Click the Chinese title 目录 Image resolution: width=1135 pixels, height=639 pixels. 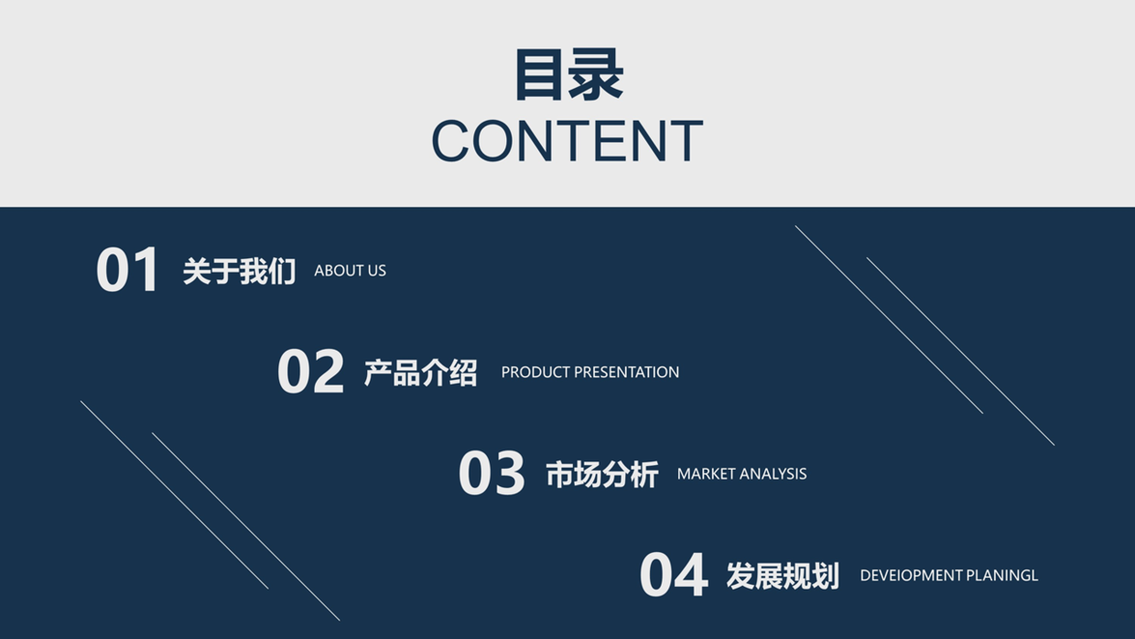(567, 75)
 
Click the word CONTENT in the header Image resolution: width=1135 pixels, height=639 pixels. (567, 141)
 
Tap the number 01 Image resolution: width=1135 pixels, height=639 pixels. (128, 270)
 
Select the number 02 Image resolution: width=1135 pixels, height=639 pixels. (310, 372)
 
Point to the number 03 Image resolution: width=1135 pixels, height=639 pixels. (492, 473)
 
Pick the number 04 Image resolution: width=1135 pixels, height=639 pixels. (674, 575)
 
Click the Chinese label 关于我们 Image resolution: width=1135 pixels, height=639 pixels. (239, 271)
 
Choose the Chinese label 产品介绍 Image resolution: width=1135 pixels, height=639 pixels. (420, 373)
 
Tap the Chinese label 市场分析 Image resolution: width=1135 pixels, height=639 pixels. (601, 474)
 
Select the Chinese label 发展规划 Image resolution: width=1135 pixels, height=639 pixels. (783, 576)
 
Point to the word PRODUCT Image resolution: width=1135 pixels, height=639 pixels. (535, 373)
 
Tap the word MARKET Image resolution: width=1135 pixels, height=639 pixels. (706, 474)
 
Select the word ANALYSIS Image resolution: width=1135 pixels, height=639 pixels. (773, 474)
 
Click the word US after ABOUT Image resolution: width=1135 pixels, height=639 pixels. (376, 271)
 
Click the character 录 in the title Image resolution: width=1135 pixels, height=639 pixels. (597, 75)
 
